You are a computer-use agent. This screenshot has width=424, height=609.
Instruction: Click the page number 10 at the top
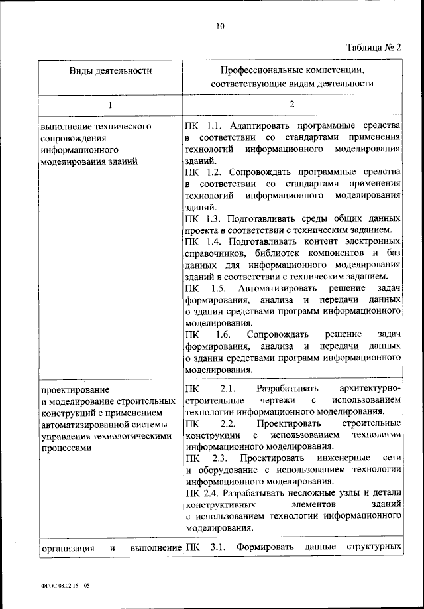[x=220, y=27]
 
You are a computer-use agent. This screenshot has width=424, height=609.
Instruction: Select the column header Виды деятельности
[x=111, y=70]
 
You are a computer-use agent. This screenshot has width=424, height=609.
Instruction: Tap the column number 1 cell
[x=111, y=105]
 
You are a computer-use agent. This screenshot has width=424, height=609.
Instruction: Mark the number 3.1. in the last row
[x=218, y=547]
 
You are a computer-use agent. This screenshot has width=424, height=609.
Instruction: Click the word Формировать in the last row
[x=266, y=547]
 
